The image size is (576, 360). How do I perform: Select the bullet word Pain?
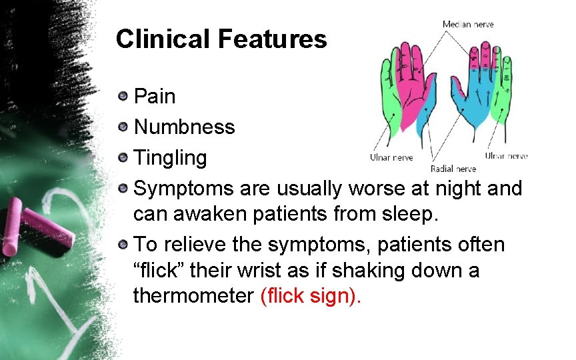155,97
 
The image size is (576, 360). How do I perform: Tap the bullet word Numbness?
185,127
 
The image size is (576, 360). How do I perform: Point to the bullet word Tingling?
171,158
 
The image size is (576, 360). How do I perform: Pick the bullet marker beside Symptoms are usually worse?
123,189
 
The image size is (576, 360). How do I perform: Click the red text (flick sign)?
310,295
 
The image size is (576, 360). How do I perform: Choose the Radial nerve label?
453,168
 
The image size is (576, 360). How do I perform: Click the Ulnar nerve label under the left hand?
391,158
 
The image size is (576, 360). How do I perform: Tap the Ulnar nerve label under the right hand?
506,155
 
